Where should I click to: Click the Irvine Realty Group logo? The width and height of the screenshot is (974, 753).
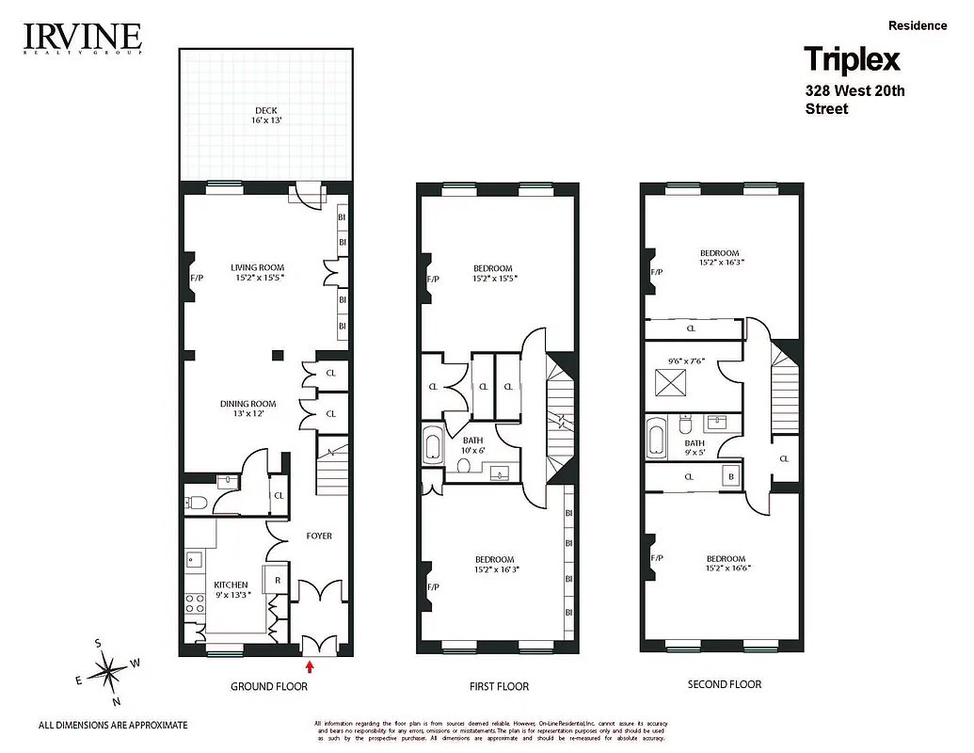coord(82,39)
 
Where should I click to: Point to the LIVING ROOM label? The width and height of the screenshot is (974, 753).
coord(258,272)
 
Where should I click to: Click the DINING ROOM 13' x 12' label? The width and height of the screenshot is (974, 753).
coord(248,409)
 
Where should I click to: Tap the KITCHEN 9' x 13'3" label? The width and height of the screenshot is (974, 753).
coord(231,590)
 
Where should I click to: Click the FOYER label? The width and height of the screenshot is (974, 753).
coord(319,536)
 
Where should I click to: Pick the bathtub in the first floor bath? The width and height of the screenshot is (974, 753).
coord(434,445)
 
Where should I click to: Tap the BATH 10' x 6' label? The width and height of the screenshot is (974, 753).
coord(473,445)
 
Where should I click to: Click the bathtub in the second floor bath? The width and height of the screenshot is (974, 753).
coord(656,441)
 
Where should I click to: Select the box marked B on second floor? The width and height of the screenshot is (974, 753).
coord(730,476)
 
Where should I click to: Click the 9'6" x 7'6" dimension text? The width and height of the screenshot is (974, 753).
coord(687,359)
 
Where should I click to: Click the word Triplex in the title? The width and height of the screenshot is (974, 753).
coord(852,60)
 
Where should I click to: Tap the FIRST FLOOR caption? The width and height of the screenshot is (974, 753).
coord(499,686)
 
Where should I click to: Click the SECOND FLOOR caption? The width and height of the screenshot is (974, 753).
coord(724,684)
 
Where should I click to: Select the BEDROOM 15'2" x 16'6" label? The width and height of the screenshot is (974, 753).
coord(726,563)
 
